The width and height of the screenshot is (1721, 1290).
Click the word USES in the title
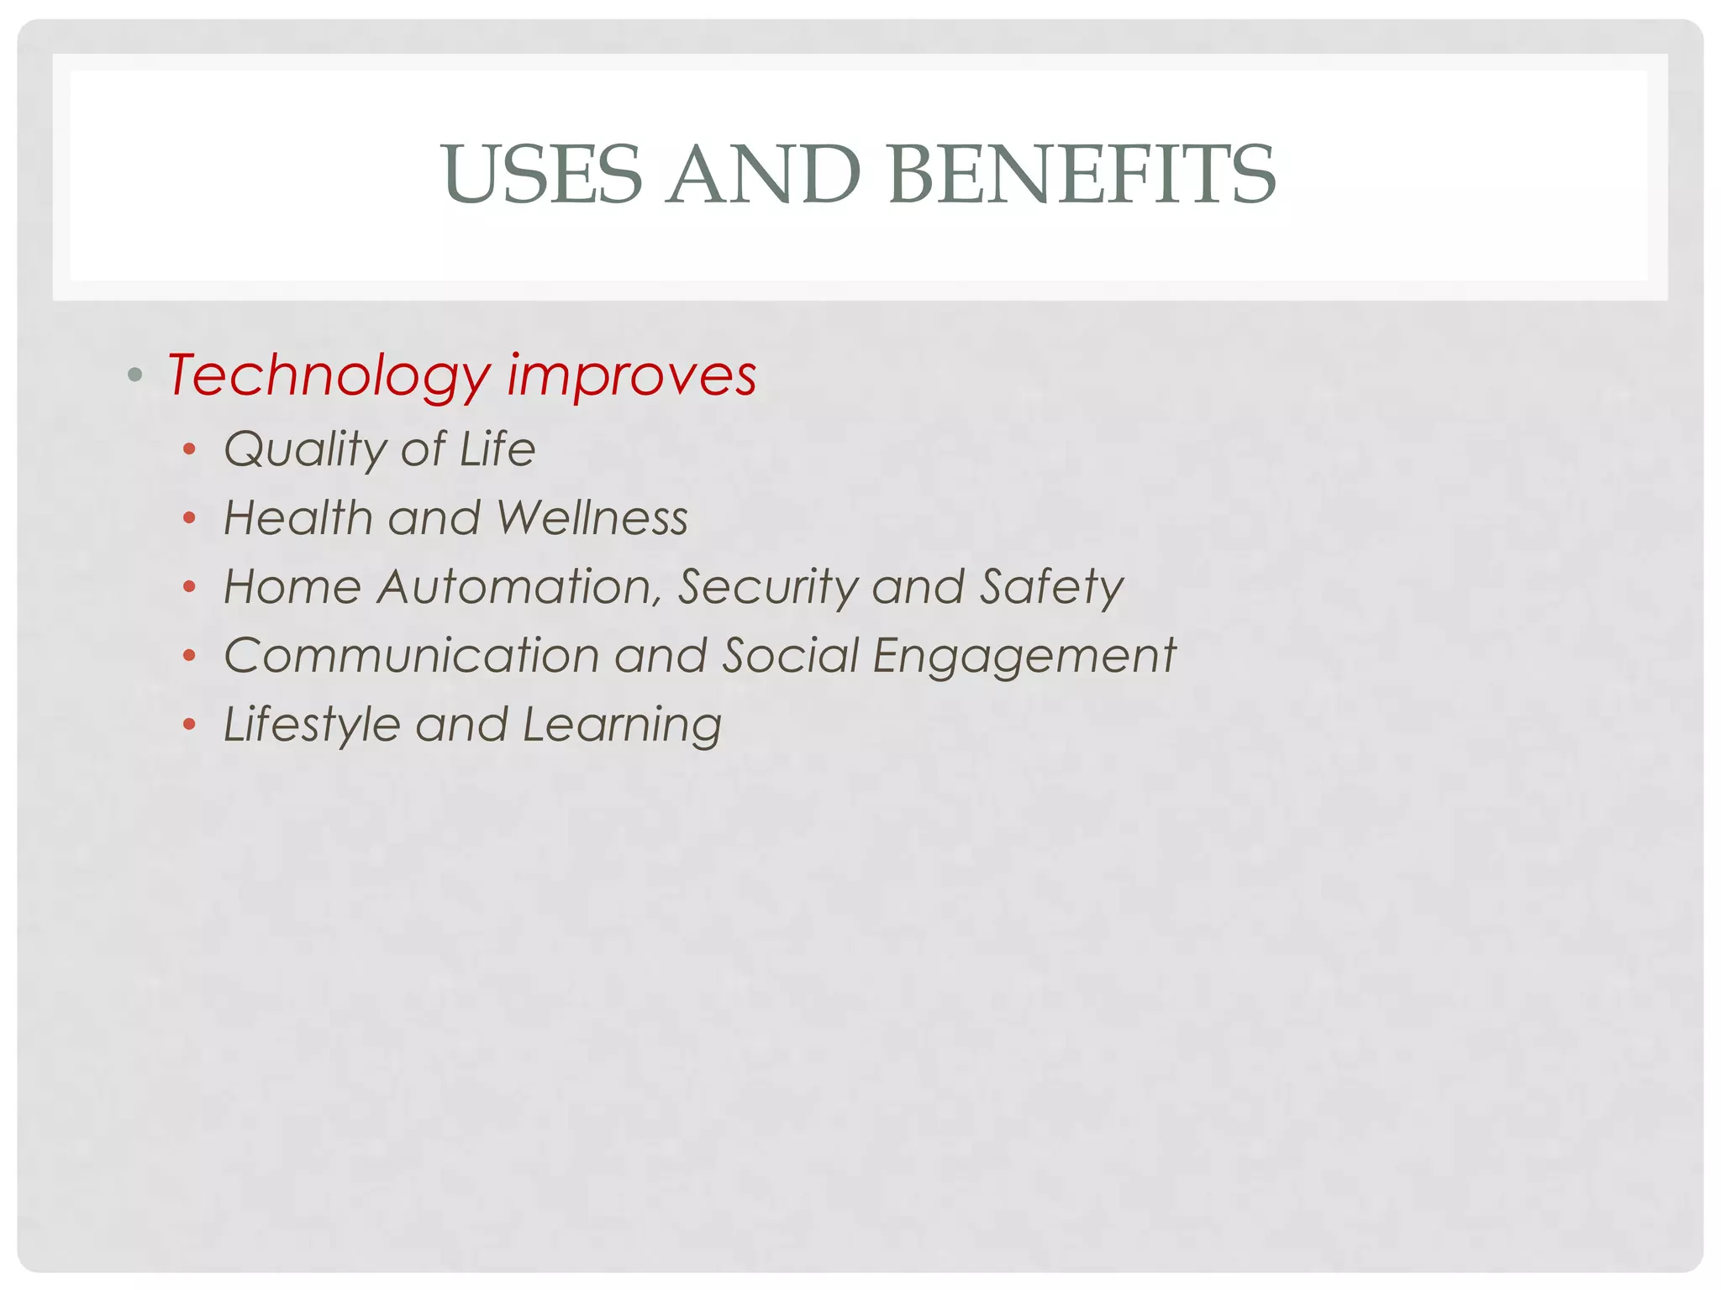(x=543, y=174)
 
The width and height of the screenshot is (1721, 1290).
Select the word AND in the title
(x=764, y=174)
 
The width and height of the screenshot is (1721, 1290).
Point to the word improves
(x=632, y=375)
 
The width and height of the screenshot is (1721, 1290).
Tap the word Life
(x=497, y=448)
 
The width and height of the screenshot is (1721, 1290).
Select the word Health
(x=298, y=517)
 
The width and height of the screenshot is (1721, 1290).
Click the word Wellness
(x=592, y=517)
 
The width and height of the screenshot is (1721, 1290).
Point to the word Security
(x=767, y=586)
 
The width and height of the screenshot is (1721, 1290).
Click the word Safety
(x=1051, y=586)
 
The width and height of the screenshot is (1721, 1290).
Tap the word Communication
(x=411, y=655)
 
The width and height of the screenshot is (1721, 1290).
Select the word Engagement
(x=1024, y=657)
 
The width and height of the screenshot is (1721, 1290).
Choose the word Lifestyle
(x=312, y=725)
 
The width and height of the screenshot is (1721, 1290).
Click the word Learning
(x=622, y=725)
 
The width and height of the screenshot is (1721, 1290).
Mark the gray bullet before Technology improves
(x=134, y=374)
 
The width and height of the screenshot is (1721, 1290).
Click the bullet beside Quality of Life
(x=190, y=449)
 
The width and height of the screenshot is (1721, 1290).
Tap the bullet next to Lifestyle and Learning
(x=190, y=724)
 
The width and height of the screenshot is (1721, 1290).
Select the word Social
(x=791, y=655)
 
